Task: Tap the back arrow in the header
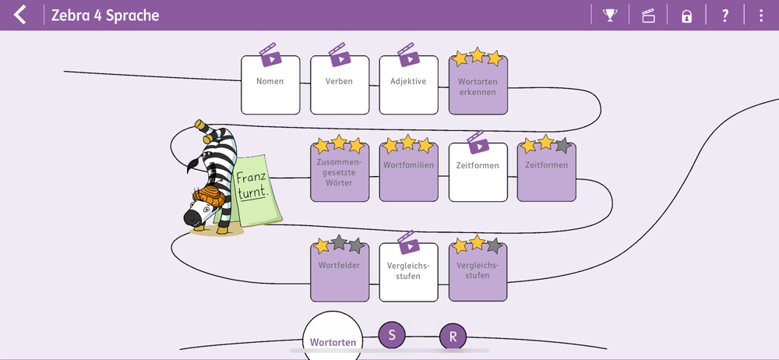[x=19, y=15]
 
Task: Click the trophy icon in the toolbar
[x=610, y=15]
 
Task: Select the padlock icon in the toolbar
[x=686, y=16]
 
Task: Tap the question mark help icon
[x=724, y=15]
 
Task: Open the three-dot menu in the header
[x=761, y=15]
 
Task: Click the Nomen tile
[x=270, y=85]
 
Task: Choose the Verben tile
[x=339, y=85]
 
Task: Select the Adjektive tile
[x=408, y=85]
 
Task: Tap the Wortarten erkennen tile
[x=478, y=86]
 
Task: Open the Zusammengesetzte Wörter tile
[x=340, y=172]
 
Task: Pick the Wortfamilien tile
[x=408, y=172]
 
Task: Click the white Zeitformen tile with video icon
[x=478, y=172]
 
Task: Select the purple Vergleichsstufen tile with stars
[x=478, y=272]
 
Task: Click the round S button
[x=392, y=335]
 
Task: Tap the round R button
[x=453, y=337]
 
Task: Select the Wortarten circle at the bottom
[x=333, y=341]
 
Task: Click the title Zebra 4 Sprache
[x=105, y=15]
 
